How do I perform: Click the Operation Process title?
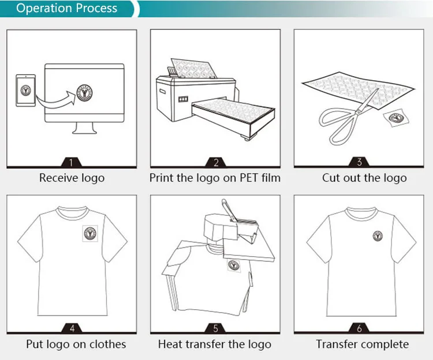tap(66, 9)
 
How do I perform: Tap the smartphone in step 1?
tap(25, 91)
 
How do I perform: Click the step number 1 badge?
tap(71, 162)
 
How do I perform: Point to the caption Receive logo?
tap(72, 178)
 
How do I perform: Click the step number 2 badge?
tap(215, 162)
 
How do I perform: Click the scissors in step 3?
tap(347, 118)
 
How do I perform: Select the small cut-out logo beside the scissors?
tap(395, 118)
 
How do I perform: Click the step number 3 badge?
tap(360, 162)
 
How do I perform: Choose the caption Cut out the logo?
tap(364, 178)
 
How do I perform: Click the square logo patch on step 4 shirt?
tap(91, 233)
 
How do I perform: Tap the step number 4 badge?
tap(72, 328)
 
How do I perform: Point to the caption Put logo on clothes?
tap(76, 344)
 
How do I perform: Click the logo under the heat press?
tap(234, 265)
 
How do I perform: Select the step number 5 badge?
tap(215, 328)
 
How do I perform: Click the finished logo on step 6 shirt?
tap(378, 235)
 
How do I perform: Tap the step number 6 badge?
tap(360, 328)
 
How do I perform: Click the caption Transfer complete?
tap(362, 344)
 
